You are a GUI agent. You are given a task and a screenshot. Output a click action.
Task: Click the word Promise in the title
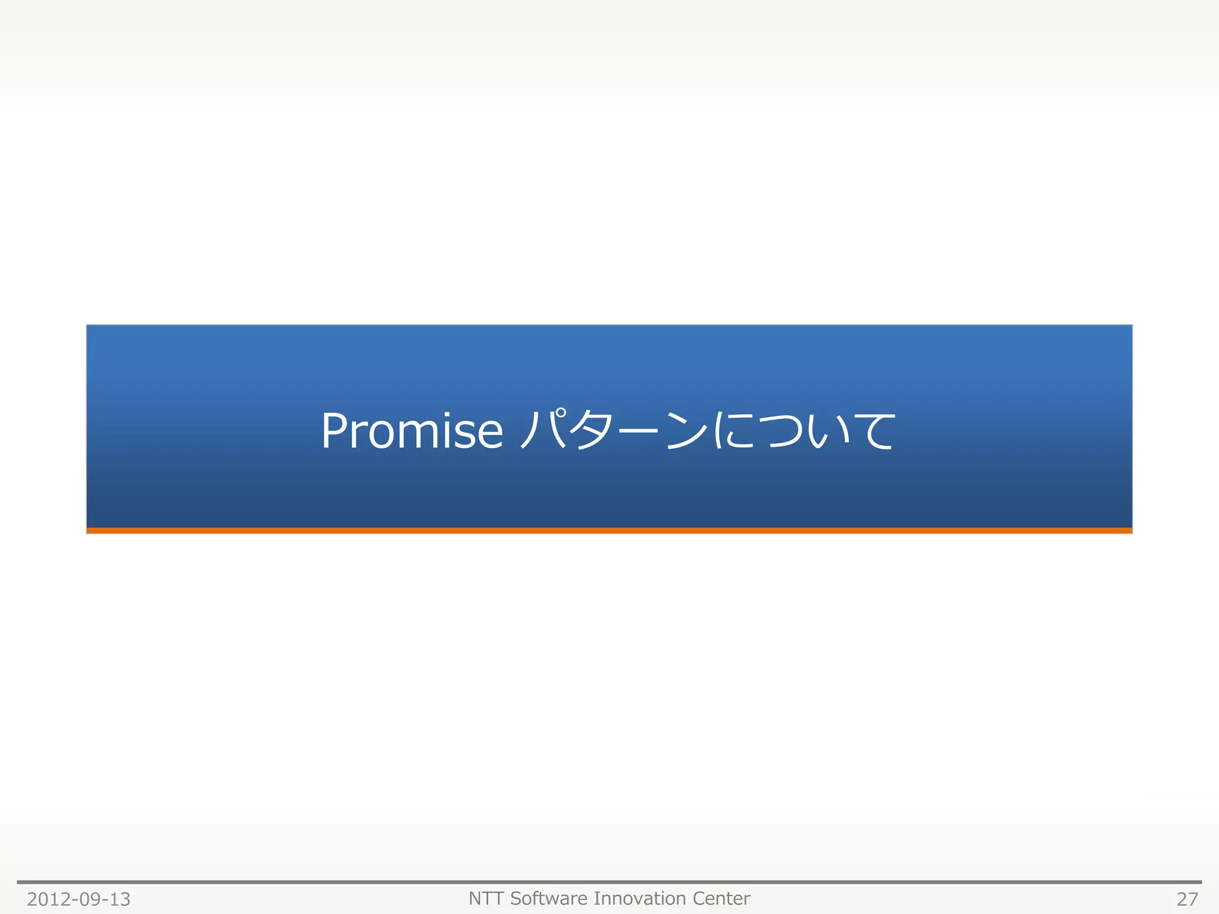[412, 431]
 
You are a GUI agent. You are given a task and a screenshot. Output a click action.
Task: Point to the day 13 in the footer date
[119, 899]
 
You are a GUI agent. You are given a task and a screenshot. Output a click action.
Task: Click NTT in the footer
[486, 899]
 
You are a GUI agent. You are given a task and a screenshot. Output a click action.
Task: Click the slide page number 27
[1187, 899]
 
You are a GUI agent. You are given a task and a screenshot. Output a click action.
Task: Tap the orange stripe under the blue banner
[609, 530]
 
